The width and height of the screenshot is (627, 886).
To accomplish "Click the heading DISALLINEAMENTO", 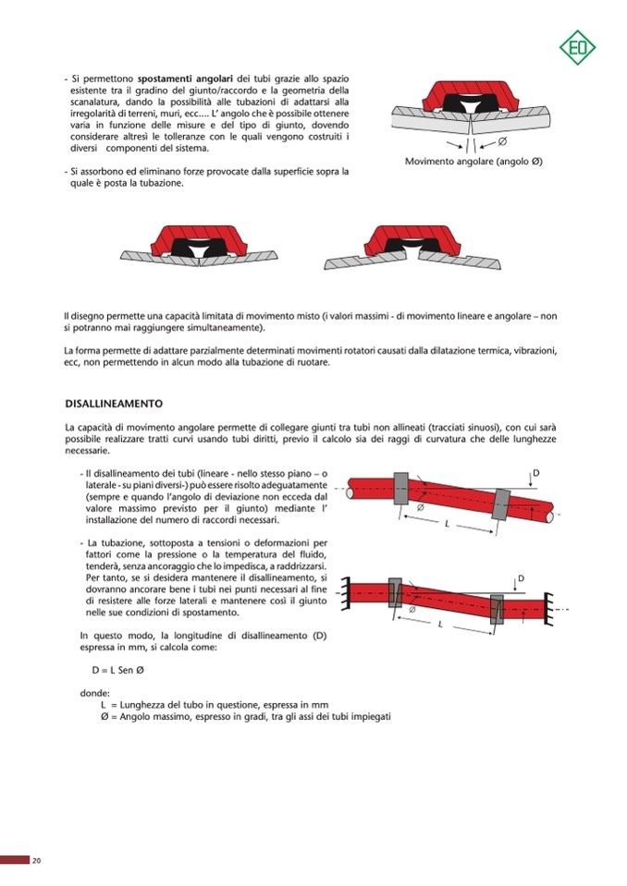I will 114,404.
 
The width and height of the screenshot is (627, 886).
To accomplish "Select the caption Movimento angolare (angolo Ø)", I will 473,162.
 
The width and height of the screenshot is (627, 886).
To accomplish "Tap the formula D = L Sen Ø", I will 115,672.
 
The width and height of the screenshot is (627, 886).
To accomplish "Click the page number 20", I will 36,861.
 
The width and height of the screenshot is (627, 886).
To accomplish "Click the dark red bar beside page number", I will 14,861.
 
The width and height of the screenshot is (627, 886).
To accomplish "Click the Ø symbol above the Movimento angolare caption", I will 502,141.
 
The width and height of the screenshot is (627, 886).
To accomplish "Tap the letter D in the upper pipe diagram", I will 536,474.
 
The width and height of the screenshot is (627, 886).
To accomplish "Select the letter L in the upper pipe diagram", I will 447,524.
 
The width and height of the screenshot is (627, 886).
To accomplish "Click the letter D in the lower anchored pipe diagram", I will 522,578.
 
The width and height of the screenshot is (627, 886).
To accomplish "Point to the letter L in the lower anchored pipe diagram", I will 440,625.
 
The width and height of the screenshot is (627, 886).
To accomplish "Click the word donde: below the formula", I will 95,692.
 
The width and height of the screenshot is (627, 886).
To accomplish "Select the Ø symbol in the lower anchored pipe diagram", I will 412,610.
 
